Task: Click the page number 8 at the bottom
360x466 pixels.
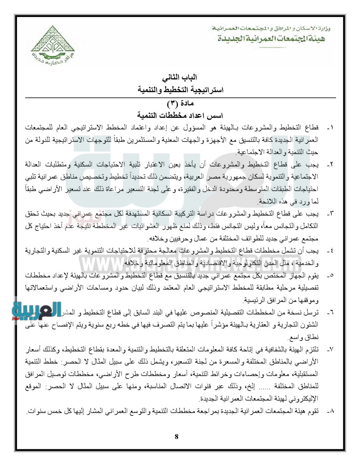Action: (177, 436)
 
